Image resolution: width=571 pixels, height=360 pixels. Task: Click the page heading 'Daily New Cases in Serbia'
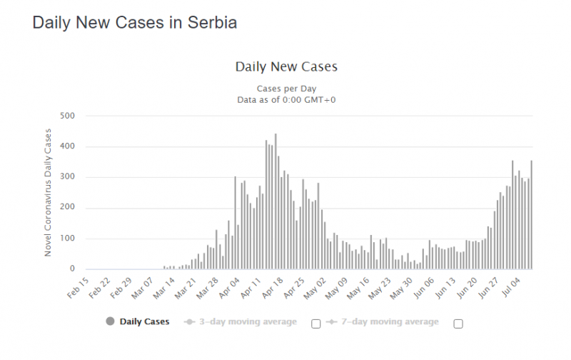[x=135, y=22]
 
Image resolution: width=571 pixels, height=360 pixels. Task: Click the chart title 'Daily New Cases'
[x=286, y=66]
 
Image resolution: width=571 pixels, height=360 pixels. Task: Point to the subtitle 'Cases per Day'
[x=286, y=89]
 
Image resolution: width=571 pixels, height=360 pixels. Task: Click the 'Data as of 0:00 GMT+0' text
[x=286, y=100]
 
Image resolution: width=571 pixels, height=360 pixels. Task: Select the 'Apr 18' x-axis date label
[x=275, y=286]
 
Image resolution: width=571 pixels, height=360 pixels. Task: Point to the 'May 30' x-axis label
[x=405, y=286]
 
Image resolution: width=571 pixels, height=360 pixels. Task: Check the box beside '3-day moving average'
[x=315, y=324]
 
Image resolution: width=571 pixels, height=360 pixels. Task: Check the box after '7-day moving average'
[x=458, y=324]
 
